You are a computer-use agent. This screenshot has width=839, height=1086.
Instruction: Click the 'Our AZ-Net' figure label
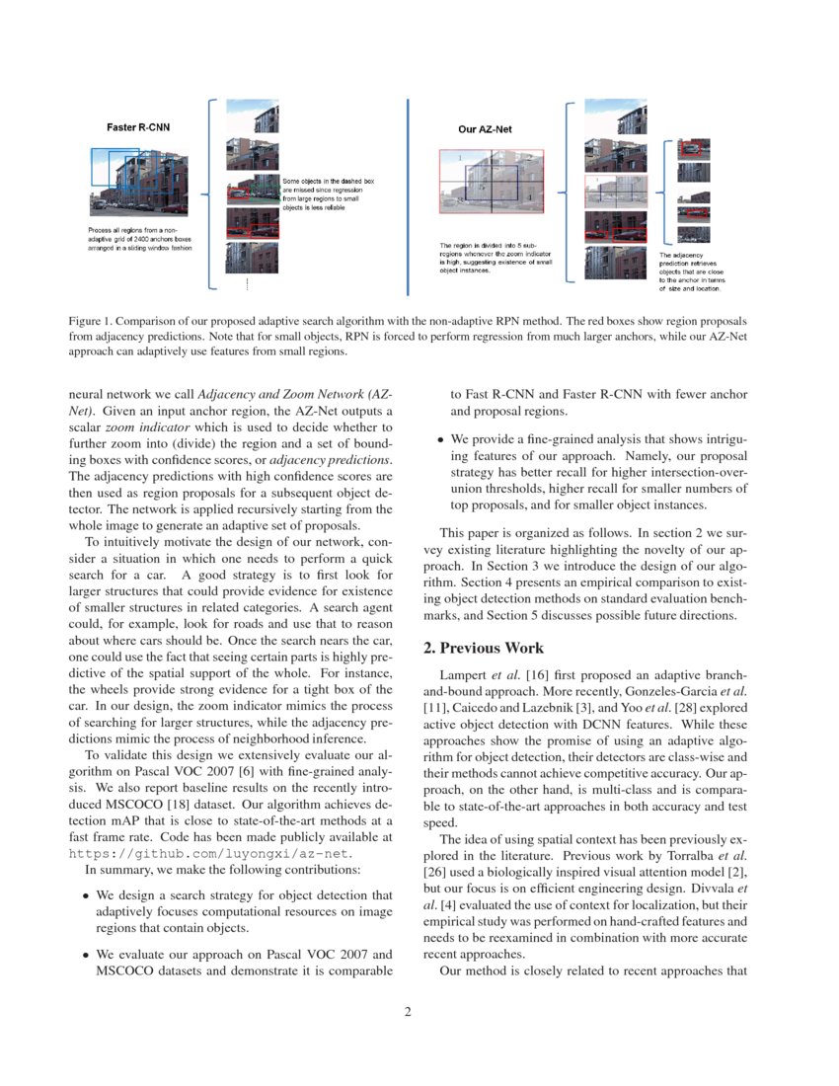coord(485,129)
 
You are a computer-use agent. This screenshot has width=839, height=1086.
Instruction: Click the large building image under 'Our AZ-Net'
coord(491,182)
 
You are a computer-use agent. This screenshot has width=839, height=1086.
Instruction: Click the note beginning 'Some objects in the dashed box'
coord(328,194)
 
